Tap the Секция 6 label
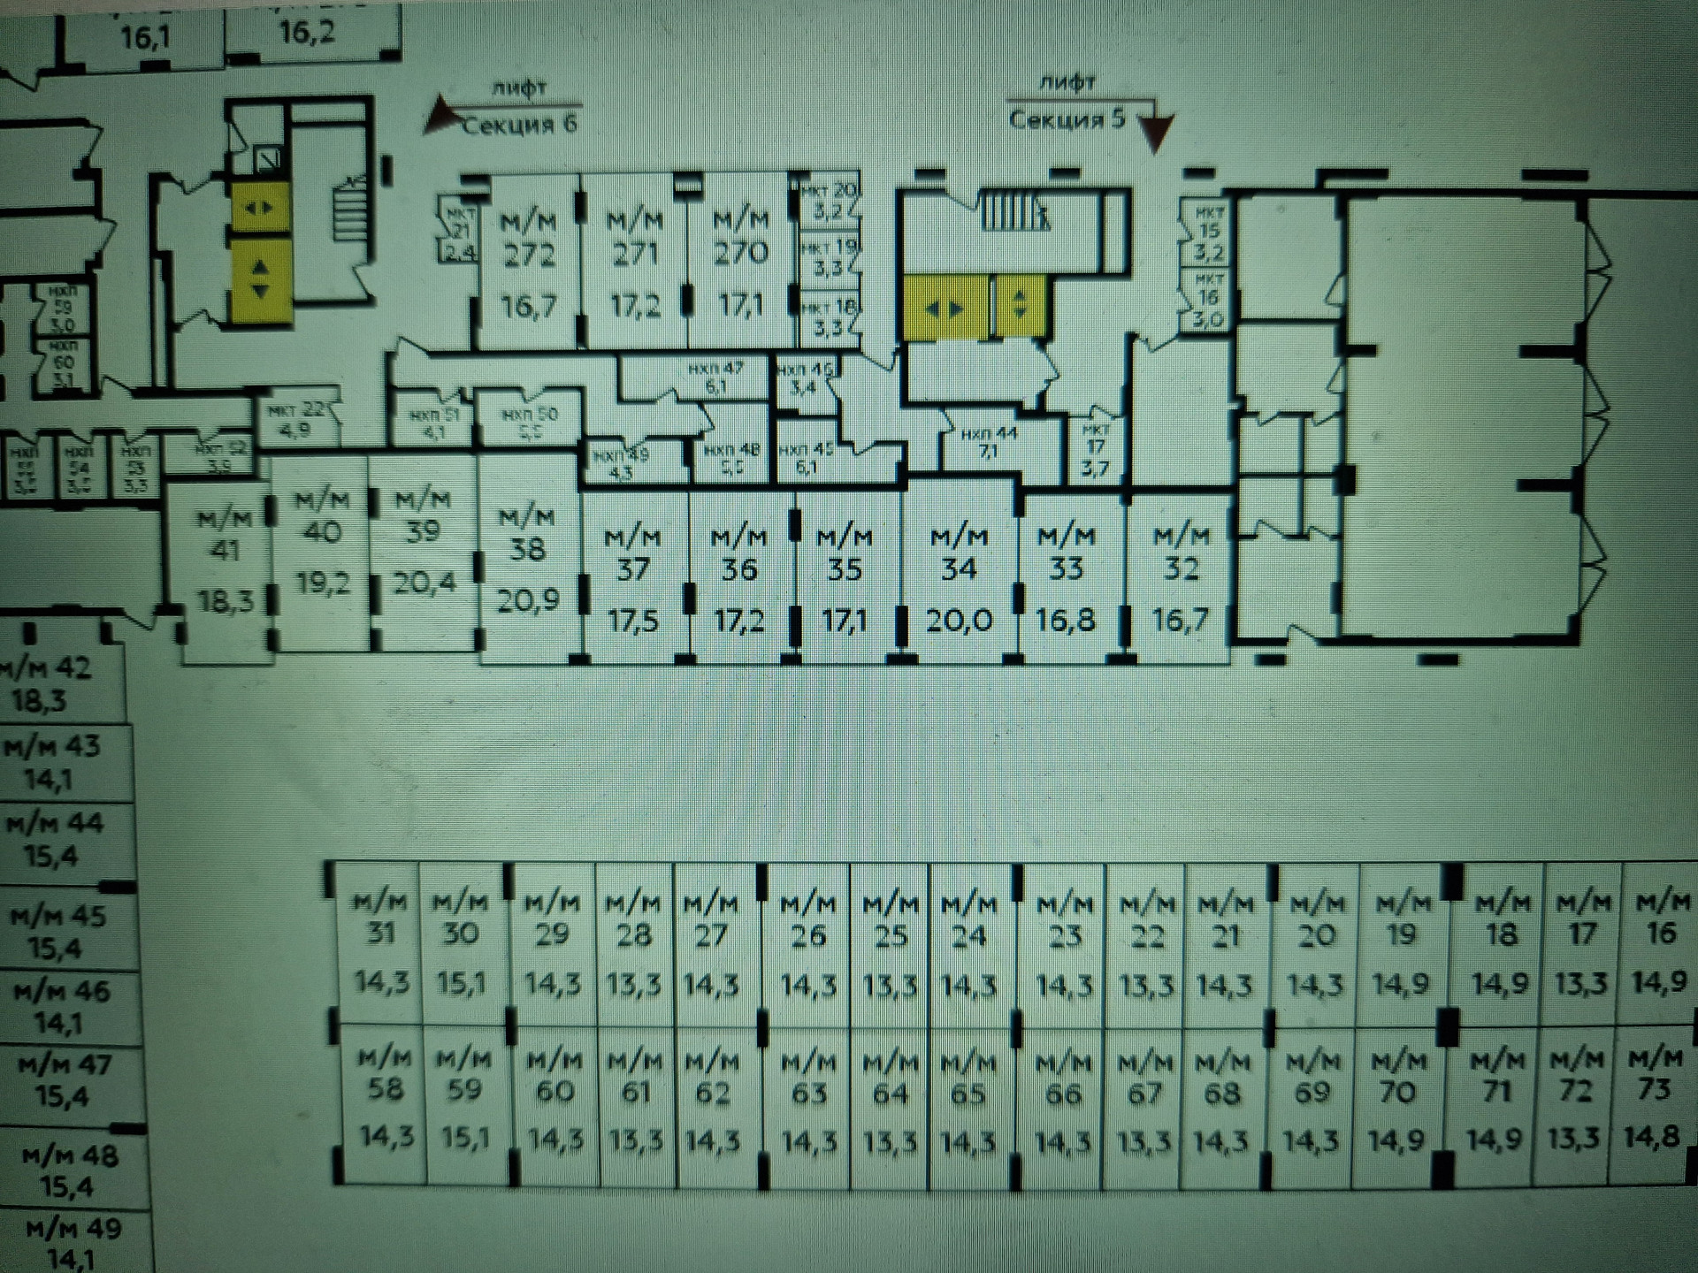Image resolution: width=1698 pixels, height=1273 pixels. [x=520, y=125]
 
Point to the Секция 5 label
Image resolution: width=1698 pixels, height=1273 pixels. [x=1067, y=119]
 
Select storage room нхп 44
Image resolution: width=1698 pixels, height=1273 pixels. [x=989, y=442]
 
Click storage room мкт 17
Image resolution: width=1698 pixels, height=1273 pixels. [x=1095, y=451]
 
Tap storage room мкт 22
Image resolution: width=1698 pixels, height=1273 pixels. [x=297, y=420]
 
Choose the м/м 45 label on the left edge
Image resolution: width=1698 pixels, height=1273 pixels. [x=57, y=931]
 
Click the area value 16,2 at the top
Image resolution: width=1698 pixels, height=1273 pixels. [x=307, y=34]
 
